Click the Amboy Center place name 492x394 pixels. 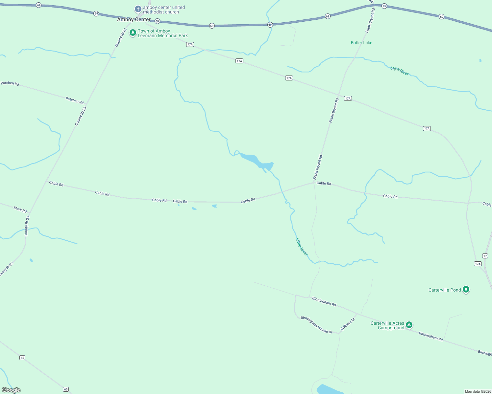[134, 20]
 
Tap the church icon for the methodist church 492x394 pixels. [138, 9]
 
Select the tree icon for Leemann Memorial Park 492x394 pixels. [133, 33]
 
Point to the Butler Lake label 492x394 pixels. [361, 43]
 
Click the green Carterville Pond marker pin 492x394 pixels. [466, 290]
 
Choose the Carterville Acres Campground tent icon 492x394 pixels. [409, 325]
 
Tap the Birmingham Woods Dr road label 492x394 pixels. [316, 325]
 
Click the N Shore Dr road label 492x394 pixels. [348, 324]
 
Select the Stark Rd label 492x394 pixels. [20, 209]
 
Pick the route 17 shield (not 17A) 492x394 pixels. [485, 256]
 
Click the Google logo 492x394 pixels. [11, 390]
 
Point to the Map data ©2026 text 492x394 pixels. [478, 391]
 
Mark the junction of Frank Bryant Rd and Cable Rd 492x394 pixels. [314, 183]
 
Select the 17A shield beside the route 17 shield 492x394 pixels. [478, 264]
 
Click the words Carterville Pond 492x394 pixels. [445, 290]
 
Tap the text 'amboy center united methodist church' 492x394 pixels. [164, 10]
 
